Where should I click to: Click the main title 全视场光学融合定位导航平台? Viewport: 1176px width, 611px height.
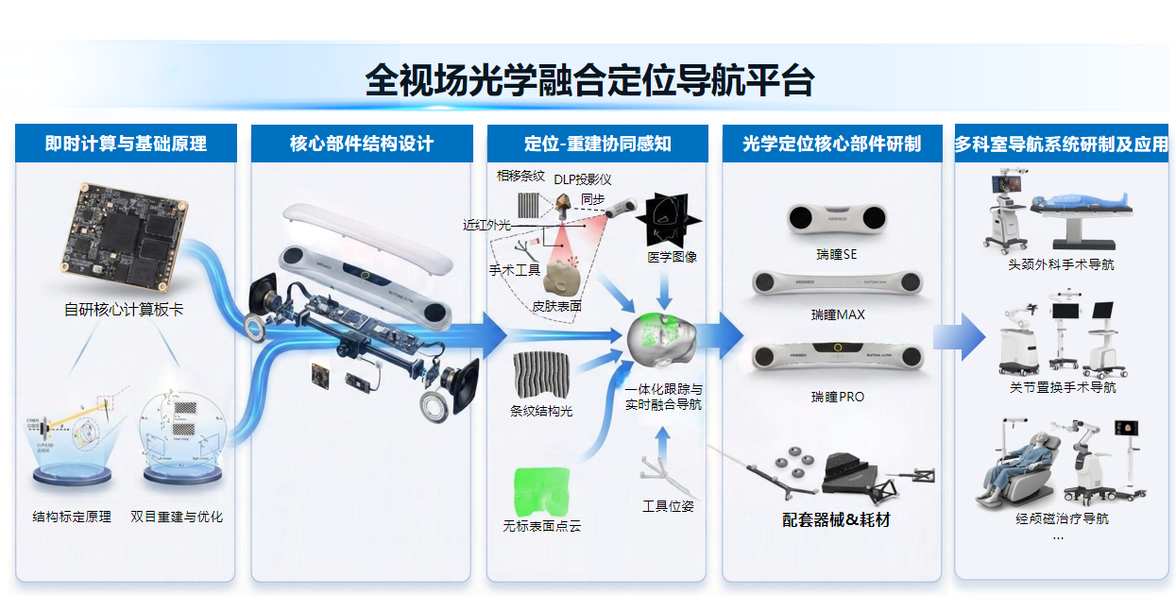tap(588, 80)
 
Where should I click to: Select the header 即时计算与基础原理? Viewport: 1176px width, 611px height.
tap(126, 144)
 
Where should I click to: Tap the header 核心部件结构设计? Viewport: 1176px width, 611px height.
tap(361, 144)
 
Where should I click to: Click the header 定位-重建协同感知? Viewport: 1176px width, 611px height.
tap(597, 144)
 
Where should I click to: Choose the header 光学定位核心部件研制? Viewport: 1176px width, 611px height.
tap(831, 144)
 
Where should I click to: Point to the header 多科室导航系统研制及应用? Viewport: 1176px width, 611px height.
tap(1061, 144)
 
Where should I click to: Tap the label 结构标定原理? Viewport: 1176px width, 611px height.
tap(72, 517)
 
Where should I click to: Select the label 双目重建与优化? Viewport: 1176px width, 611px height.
tap(177, 517)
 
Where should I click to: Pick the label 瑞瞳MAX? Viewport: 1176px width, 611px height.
tap(837, 314)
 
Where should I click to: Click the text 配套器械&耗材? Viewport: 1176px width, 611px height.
tap(836, 519)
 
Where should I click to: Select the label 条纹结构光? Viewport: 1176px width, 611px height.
tap(541, 411)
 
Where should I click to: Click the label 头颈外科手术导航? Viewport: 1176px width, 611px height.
tap(1061, 264)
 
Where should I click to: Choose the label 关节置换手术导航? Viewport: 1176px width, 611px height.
tap(1062, 387)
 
